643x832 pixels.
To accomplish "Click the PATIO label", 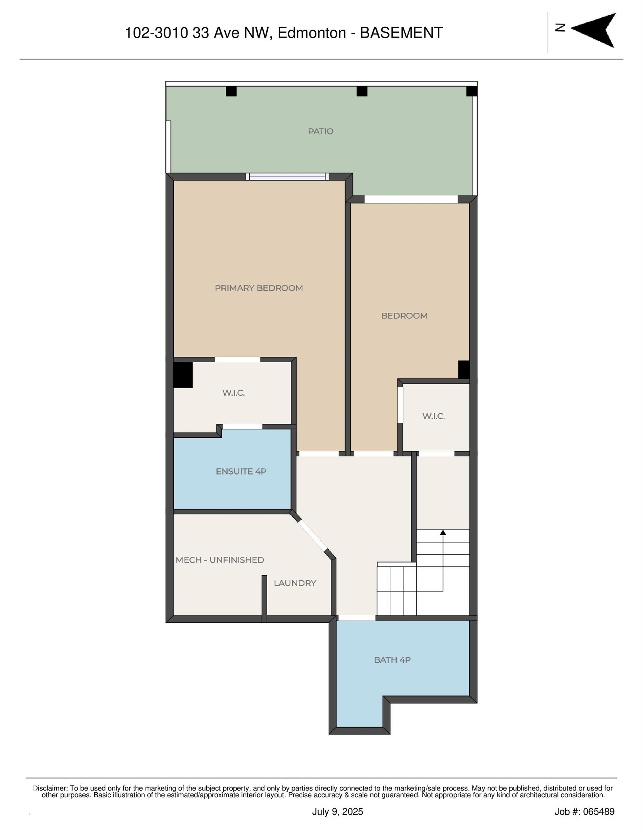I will pos(320,131).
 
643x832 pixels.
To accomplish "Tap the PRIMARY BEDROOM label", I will pos(259,288).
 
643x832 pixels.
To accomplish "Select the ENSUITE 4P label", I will pos(241,471).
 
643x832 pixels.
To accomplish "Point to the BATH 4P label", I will pos(392,660).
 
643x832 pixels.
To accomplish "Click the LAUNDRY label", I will pos(295,583).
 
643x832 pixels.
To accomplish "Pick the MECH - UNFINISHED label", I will pos(220,560).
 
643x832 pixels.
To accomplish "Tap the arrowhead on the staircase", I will pos(443,532).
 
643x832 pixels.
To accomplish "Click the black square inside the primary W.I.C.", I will pos(183,374).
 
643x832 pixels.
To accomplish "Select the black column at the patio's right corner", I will pos(471,91).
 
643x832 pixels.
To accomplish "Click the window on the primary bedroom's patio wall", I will pos(287,177).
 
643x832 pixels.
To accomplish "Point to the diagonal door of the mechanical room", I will pos(312,536).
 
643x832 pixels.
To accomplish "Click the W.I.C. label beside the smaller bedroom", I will pos(433,416).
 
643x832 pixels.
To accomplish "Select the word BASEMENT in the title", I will pos(401,33).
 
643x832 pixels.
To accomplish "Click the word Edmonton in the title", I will pos(311,33).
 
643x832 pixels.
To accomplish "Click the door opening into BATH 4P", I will pos(357,617).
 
